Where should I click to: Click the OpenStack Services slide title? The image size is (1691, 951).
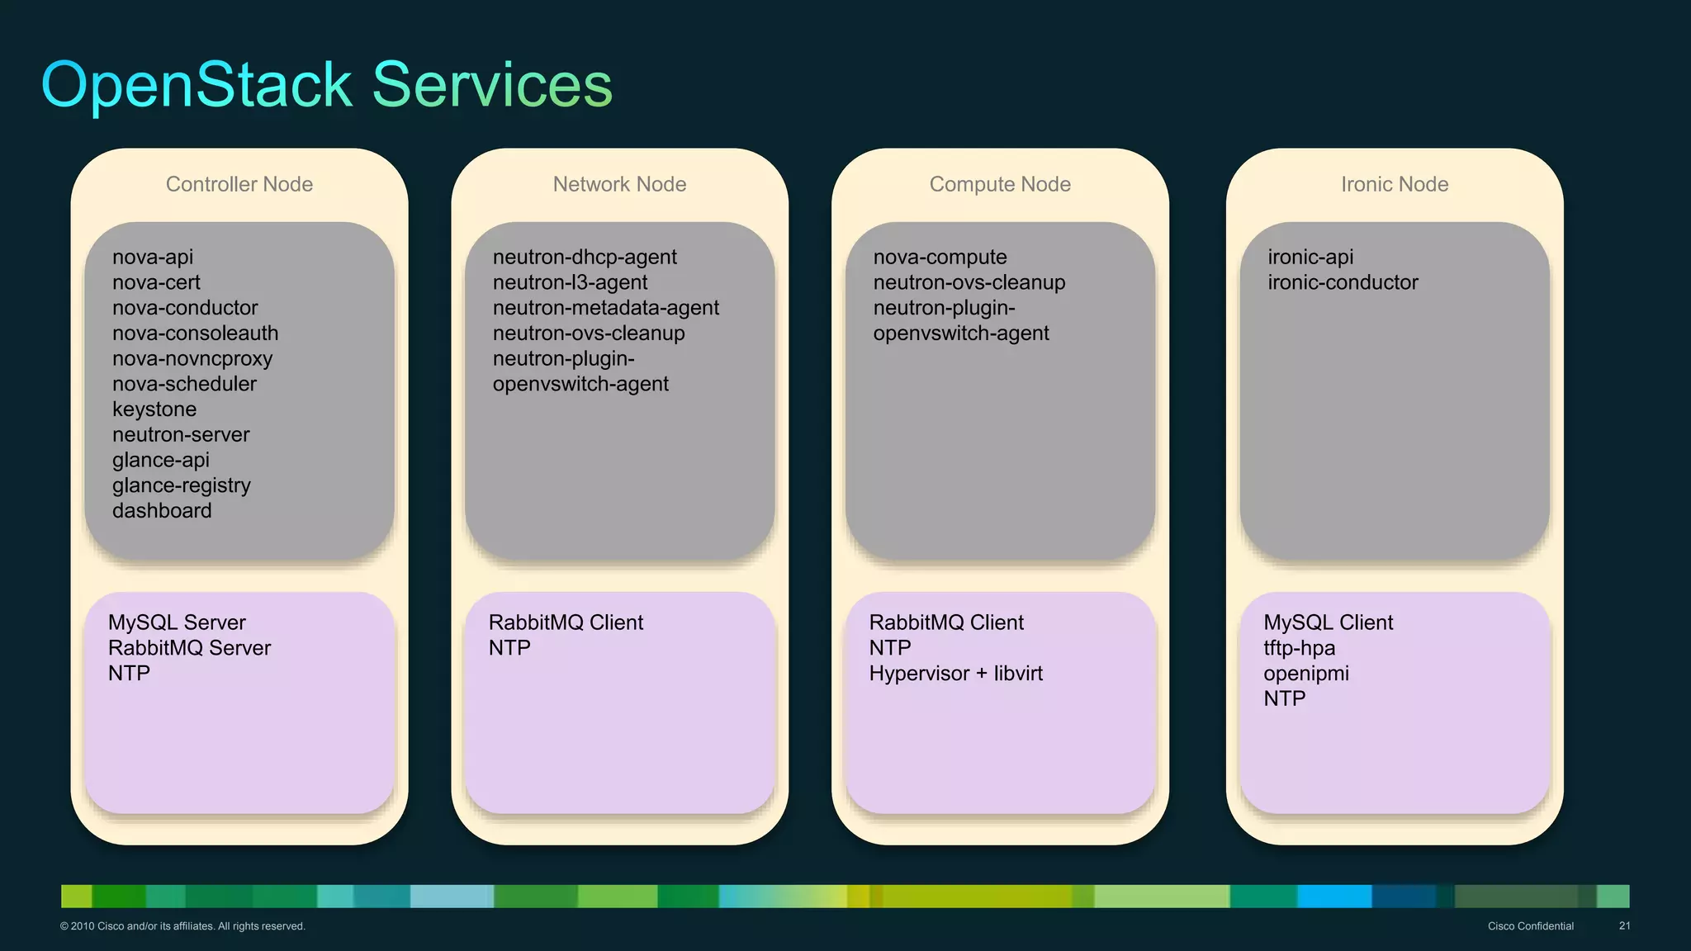(x=326, y=85)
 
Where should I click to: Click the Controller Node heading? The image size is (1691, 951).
(x=239, y=184)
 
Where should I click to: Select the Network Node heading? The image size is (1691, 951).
(x=619, y=184)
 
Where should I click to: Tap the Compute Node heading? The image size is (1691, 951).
(x=1000, y=184)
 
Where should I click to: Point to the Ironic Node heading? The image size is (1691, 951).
(x=1395, y=184)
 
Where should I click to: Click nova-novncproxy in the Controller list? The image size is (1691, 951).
(x=192, y=359)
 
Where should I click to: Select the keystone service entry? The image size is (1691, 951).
(x=154, y=409)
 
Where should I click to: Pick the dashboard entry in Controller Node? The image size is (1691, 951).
(x=162, y=511)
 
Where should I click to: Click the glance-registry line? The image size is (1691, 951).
(x=182, y=485)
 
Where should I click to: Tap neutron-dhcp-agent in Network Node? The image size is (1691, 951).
(x=585, y=258)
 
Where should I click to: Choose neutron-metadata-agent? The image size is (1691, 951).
(x=606, y=308)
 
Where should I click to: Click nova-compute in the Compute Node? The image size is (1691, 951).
(x=940, y=258)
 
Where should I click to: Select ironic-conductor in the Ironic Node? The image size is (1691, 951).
(x=1343, y=282)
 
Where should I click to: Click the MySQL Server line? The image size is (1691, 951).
(x=177, y=622)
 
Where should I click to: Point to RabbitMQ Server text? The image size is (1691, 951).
(x=189, y=648)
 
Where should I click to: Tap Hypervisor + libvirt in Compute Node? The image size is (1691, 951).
(x=955, y=674)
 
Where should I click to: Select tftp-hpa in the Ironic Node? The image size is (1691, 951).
(x=1299, y=648)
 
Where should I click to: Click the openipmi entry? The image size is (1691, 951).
(x=1305, y=674)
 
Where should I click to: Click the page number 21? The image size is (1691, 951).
(x=1624, y=926)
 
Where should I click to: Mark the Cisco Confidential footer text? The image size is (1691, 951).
(x=1530, y=926)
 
